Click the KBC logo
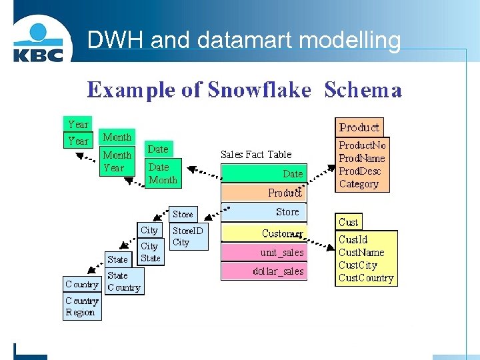[38, 41]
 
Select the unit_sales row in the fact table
[264, 252]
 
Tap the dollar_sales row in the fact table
[264, 271]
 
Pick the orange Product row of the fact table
[264, 193]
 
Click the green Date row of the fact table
[264, 173]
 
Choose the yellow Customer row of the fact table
[264, 233]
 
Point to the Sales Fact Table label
[256, 154]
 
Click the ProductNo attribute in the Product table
[362, 145]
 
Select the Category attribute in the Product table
[359, 184]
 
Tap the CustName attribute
[361, 252]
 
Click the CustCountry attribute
[366, 278]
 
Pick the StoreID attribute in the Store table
[187, 230]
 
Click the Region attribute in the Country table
[80, 313]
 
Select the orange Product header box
[359, 127]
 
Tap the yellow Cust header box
[349, 222]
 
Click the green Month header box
[117, 137]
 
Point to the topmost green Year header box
[78, 124]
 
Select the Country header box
[82, 285]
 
